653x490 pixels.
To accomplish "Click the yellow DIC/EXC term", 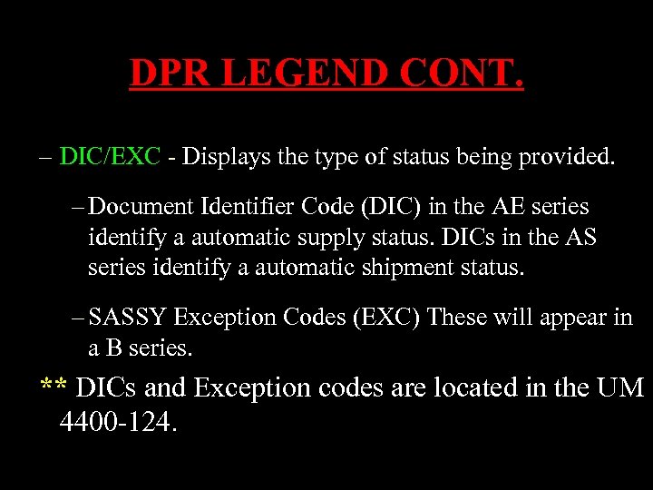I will tap(110, 157).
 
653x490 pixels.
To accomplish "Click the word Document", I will tap(137, 208).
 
